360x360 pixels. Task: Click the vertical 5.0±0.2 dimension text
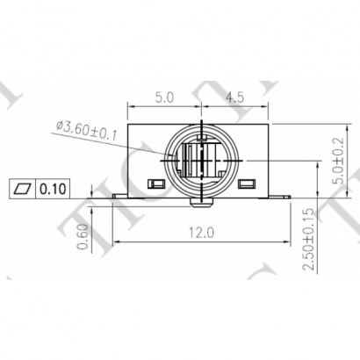(328, 160)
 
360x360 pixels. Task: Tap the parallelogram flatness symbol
(22, 188)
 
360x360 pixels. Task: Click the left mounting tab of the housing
(120, 195)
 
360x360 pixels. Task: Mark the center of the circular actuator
(203, 161)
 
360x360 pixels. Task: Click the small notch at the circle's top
(203, 126)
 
